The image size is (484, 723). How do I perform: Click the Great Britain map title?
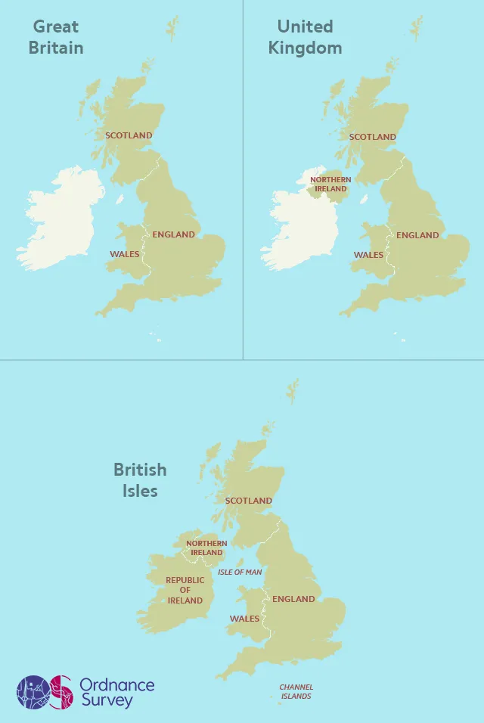point(55,37)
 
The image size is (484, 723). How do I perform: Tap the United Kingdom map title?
point(306,37)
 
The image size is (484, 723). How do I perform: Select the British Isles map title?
point(140,479)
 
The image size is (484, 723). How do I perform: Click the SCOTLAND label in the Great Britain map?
point(129,135)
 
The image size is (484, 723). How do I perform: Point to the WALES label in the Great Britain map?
point(125,254)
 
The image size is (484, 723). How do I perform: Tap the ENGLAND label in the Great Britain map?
point(173,234)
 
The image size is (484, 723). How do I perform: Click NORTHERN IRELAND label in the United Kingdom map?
point(330,184)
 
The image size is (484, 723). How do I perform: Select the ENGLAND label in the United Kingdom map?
point(417,235)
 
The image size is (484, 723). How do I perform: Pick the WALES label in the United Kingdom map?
point(368,255)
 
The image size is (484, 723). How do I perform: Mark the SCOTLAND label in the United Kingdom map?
point(372,137)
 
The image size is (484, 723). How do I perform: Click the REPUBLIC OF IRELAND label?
point(185,590)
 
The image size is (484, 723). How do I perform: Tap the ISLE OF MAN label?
point(240,573)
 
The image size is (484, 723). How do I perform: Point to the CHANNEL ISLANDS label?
point(296,691)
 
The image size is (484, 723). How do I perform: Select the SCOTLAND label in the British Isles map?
point(248,501)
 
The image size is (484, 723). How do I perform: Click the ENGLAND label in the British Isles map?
point(293,599)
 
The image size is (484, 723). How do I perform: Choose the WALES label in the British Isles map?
point(244,619)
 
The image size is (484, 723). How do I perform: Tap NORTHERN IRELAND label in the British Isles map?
point(206,548)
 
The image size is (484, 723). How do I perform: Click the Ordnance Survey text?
point(117,693)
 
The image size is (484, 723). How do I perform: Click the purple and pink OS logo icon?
point(45,692)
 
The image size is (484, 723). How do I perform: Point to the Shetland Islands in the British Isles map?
point(292,392)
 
